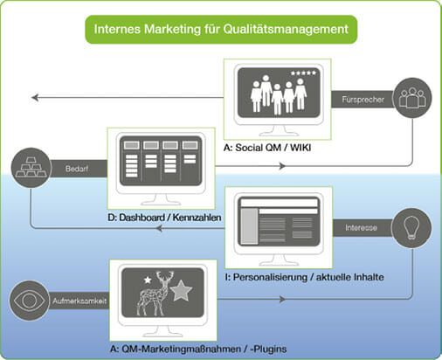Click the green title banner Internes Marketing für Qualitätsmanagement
tap(221, 30)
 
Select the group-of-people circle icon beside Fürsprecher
tap(411, 98)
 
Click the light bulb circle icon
tap(411, 227)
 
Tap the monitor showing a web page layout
tap(278, 225)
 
